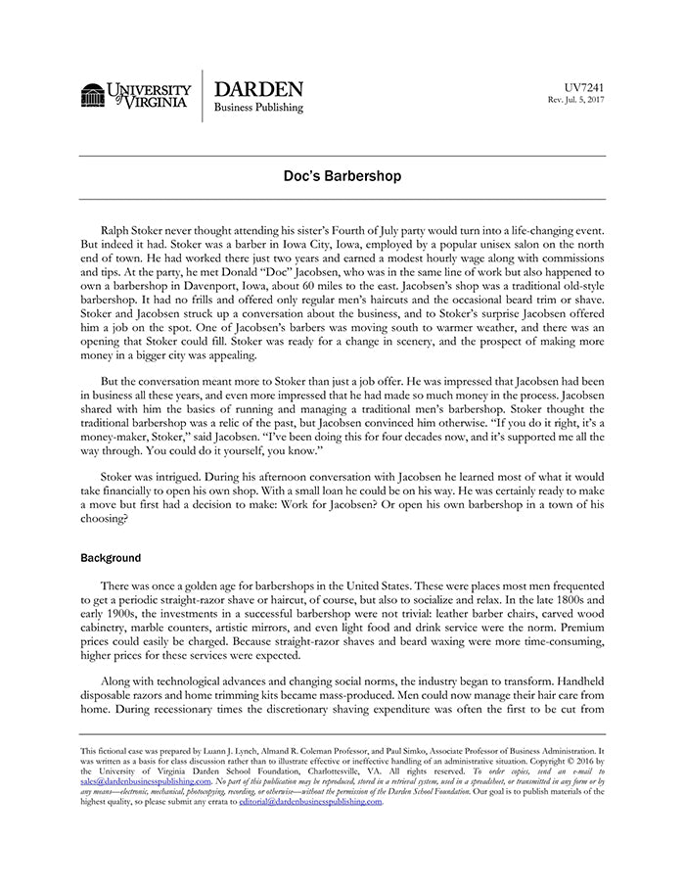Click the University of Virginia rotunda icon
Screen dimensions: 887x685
click(93, 96)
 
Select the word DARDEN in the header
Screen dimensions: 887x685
click(258, 89)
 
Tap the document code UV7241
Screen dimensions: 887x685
click(585, 87)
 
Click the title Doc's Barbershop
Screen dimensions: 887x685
click(342, 177)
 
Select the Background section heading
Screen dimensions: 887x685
click(111, 558)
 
